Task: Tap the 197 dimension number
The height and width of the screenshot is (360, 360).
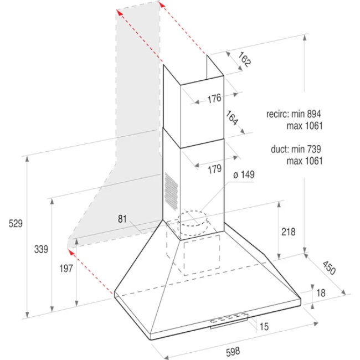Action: click(x=65, y=269)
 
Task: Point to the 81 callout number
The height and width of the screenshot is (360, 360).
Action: click(x=123, y=219)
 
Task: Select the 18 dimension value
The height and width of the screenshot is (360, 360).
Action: click(x=321, y=293)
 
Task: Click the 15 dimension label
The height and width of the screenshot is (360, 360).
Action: click(x=264, y=327)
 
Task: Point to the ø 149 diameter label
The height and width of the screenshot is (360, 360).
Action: click(x=244, y=174)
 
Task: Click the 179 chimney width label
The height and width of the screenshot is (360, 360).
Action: click(x=215, y=169)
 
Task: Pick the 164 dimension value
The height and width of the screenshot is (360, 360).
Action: click(x=232, y=120)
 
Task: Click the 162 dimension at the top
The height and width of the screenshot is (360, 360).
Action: click(x=244, y=60)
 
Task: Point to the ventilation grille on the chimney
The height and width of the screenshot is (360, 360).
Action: click(x=171, y=189)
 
